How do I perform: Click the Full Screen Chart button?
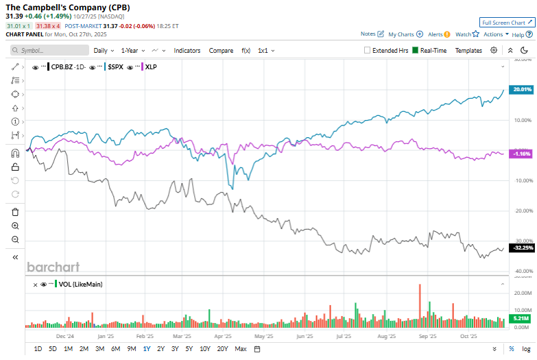507,23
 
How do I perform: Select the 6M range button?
115,349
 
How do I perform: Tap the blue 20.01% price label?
522,90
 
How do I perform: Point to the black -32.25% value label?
522,248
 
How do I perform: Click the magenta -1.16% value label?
522,154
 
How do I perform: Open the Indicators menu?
188,50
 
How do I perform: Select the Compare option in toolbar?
221,50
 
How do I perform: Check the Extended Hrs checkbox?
368,50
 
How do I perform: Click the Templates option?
468,50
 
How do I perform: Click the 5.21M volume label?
522,319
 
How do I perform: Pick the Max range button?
240,349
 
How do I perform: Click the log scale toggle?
525,349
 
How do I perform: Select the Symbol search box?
49,50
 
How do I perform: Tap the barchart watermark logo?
53,267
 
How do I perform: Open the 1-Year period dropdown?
133,50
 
